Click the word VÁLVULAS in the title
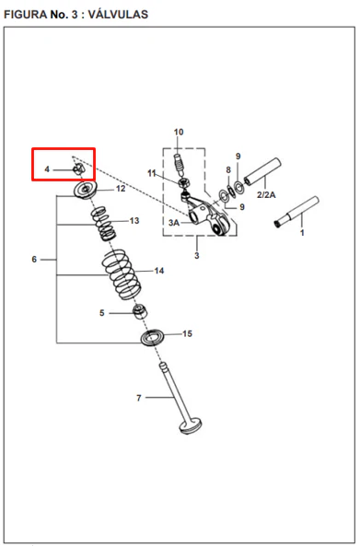point(118,15)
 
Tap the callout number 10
point(179,132)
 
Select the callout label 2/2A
point(266,194)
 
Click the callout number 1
point(302,233)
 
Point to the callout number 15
point(187,333)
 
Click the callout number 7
point(139,398)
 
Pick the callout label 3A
point(174,223)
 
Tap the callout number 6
point(34,260)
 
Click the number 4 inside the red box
point(47,169)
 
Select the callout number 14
point(159,271)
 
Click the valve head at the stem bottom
point(191,426)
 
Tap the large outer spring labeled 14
point(122,274)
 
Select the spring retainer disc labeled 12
point(86,190)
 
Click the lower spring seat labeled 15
point(152,337)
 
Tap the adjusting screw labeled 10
point(179,166)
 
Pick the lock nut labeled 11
point(183,182)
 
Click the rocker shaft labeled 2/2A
point(262,171)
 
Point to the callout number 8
point(228,170)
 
